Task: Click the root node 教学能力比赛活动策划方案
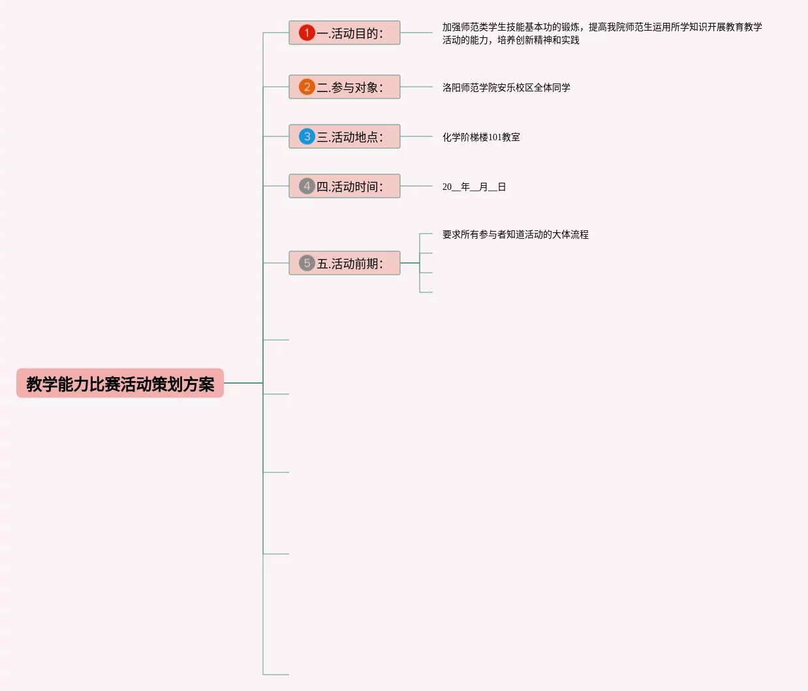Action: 120,384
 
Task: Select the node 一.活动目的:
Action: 345,33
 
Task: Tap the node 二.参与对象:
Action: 345,87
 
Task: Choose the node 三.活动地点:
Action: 345,136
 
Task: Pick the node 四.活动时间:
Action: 345,186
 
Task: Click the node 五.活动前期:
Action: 345,263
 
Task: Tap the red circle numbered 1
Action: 307,33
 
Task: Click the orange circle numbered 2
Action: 307,87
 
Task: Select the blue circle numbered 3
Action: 307,136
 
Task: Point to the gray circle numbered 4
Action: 307,186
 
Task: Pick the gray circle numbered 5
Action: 307,263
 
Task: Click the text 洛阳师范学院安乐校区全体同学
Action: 506,87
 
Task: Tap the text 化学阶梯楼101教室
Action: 481,137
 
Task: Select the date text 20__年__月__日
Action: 474,187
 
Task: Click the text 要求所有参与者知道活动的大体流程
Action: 515,234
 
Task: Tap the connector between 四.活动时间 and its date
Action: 416,186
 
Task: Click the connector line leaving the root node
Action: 243,383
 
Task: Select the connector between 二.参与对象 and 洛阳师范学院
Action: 416,87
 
